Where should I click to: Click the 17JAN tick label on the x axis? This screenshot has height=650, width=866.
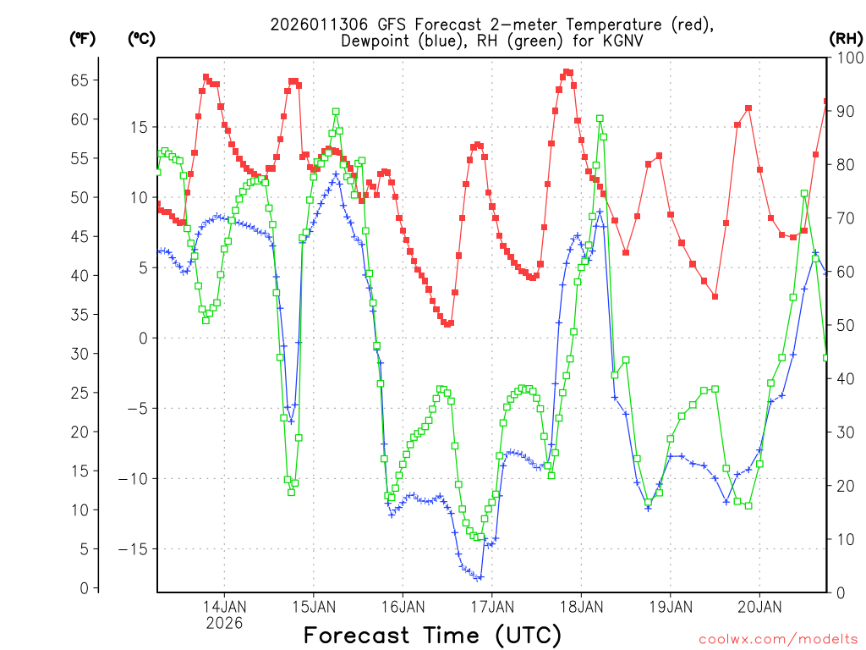pos(492,606)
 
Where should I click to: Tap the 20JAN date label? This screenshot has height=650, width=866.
pos(759,606)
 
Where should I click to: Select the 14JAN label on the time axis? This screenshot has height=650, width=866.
pos(224,606)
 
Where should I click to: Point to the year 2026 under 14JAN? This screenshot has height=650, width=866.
pos(224,622)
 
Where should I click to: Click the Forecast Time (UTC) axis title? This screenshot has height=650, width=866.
pos(432,635)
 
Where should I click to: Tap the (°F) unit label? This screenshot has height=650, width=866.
pos(83,39)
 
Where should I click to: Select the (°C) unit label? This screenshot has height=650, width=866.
pos(141,39)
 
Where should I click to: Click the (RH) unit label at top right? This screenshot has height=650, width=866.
pos(847,39)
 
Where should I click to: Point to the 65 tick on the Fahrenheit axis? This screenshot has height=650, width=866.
pos(79,80)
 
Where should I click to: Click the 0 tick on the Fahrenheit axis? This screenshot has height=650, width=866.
pos(83,588)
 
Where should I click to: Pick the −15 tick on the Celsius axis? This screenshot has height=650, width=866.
pos(137,549)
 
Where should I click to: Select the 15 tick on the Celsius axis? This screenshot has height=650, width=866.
pos(140,127)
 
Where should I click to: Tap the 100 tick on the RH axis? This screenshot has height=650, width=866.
pos(847,58)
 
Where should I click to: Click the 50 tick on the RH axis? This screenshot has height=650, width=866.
pos(844,326)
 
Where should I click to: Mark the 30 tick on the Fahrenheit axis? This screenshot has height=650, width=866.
pos(79,354)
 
